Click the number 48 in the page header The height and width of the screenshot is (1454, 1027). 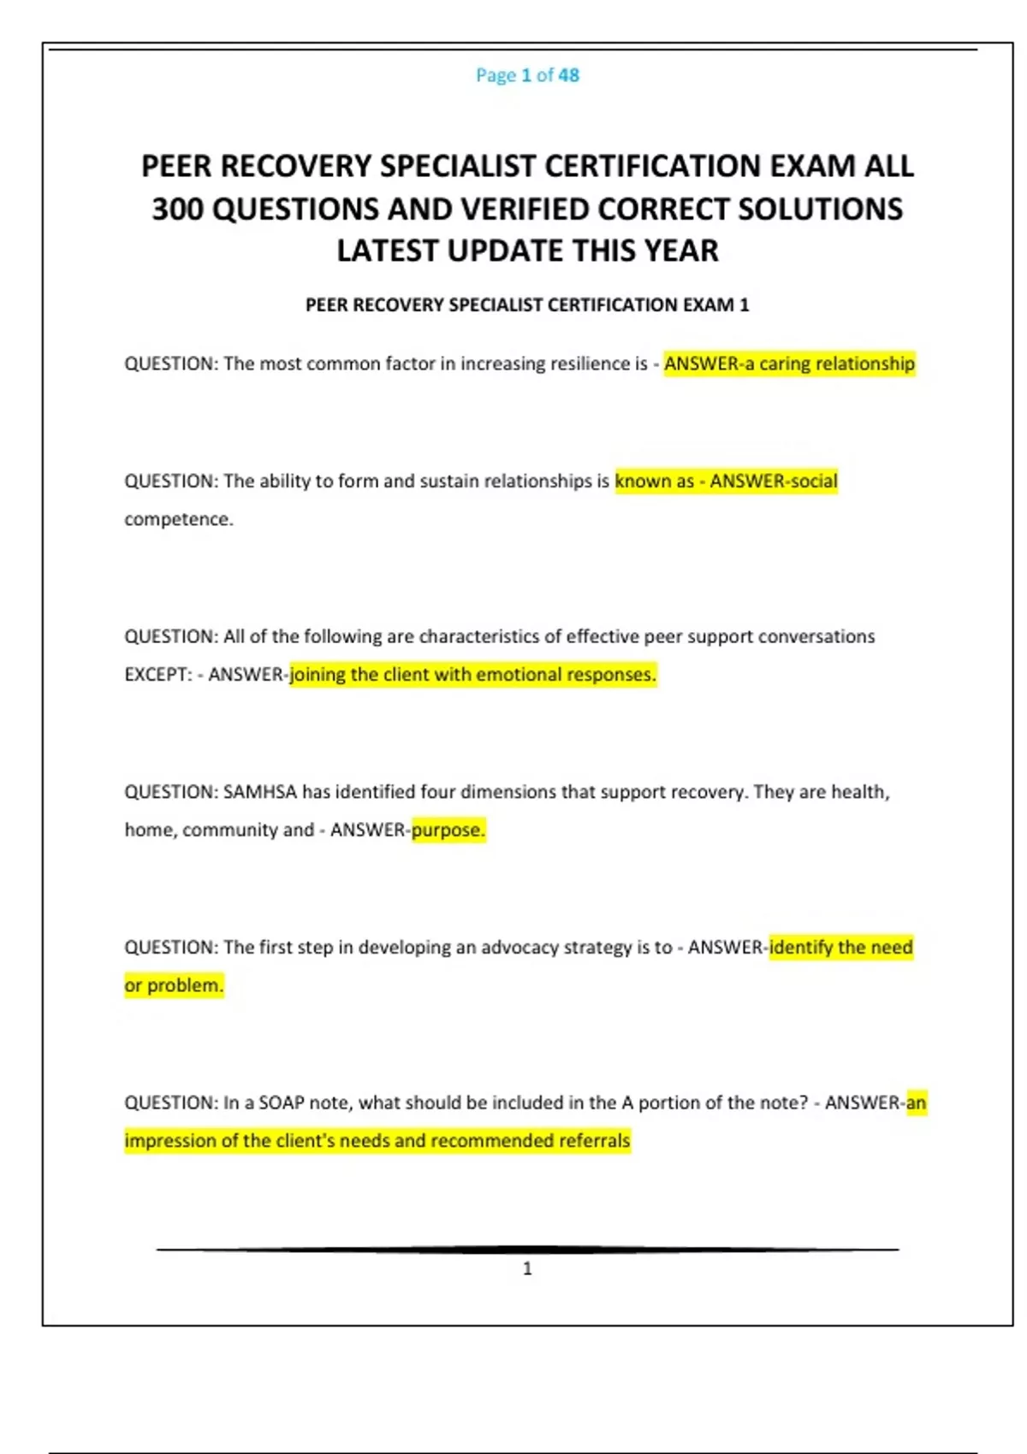[568, 75]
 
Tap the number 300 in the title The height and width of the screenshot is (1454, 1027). [177, 209]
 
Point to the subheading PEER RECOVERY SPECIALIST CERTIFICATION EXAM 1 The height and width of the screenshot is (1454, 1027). [527, 305]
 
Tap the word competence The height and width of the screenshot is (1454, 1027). [178, 519]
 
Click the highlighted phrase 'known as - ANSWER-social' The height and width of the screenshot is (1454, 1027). [726, 481]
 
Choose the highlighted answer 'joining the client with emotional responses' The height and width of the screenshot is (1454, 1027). [472, 674]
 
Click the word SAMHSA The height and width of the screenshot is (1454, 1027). [259, 792]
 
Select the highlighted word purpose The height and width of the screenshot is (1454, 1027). [448, 830]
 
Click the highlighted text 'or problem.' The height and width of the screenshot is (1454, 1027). [174, 985]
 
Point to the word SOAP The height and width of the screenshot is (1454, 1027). [282, 1102]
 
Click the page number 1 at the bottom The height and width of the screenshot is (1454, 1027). [527, 1268]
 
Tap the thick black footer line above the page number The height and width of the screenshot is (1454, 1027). [527, 1250]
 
